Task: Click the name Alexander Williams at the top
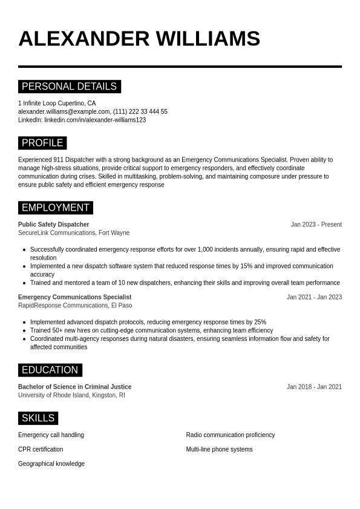(x=139, y=39)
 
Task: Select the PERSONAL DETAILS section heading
(x=69, y=87)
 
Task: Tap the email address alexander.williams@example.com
(x=64, y=112)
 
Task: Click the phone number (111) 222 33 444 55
(x=140, y=112)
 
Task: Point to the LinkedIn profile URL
(x=95, y=120)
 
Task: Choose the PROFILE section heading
(x=42, y=143)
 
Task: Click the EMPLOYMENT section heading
(x=55, y=208)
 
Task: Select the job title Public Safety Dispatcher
(x=53, y=225)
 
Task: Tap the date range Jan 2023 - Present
(x=316, y=225)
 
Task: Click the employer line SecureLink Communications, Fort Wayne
(x=74, y=233)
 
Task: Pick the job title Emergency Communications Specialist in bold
(x=74, y=297)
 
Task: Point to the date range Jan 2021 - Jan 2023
(x=314, y=297)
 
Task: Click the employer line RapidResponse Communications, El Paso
(x=75, y=306)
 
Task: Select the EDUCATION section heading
(x=50, y=370)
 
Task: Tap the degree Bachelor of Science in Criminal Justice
(x=74, y=387)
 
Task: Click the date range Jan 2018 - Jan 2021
(x=314, y=387)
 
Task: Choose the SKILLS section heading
(x=38, y=418)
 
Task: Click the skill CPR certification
(x=41, y=450)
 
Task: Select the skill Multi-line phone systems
(x=219, y=450)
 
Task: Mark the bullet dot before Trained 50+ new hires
(x=24, y=331)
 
